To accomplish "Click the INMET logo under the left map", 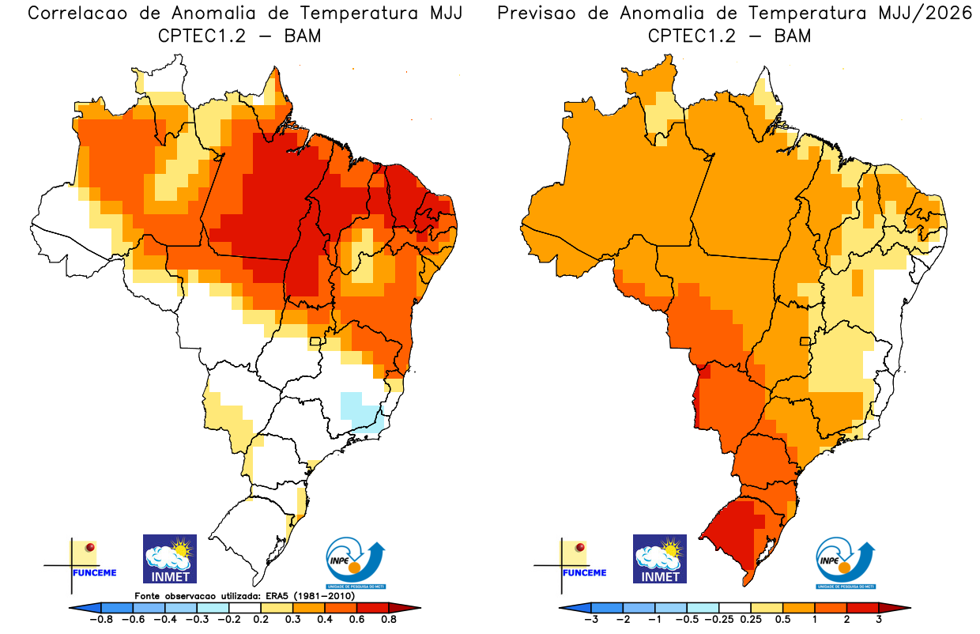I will [169, 559].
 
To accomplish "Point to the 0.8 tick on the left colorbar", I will [388, 621].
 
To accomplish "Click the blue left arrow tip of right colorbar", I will [566, 608].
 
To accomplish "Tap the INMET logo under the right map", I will [660, 559].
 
